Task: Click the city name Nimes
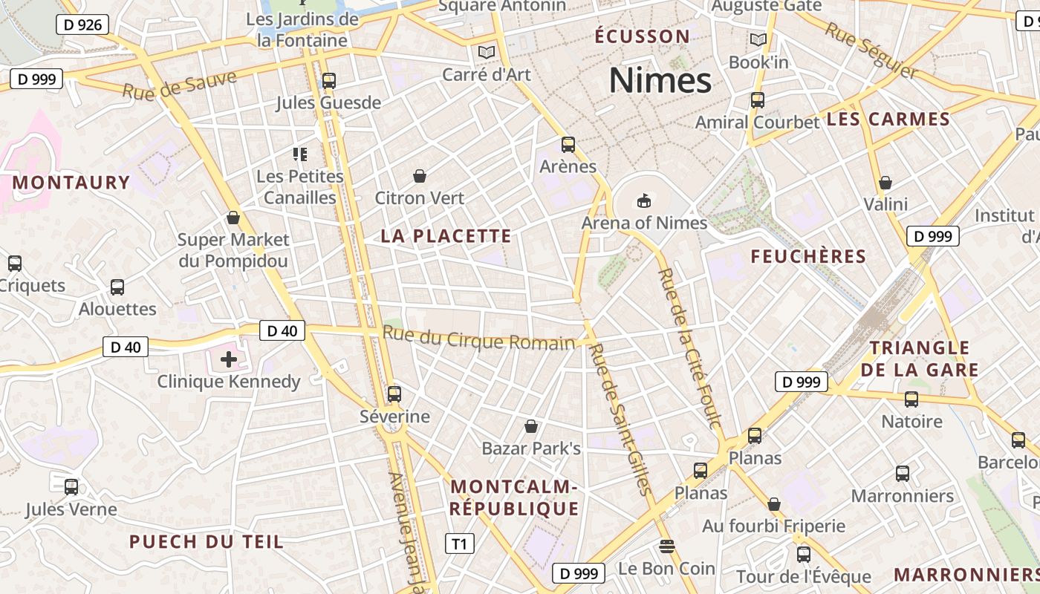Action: pos(660,80)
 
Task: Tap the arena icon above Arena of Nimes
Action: pos(643,200)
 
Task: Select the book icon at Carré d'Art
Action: pos(487,52)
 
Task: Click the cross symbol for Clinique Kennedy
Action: pos(229,360)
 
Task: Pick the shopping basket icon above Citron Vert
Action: pos(420,176)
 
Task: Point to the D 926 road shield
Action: pos(82,25)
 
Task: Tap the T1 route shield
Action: pos(459,544)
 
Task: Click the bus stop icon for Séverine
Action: pos(394,394)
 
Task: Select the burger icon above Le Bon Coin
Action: pos(666,547)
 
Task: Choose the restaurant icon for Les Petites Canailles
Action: pos(300,154)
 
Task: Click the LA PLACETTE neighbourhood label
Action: pos(446,236)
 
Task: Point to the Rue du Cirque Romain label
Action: pos(479,338)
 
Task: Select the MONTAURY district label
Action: pos(71,183)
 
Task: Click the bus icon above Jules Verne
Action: pos(71,487)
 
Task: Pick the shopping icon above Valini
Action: pos(885,182)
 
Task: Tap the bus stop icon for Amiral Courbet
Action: pos(757,99)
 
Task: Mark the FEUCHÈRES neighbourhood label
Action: pos(808,257)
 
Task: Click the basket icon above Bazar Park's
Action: pos(531,426)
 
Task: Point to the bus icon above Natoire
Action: pos(911,399)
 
